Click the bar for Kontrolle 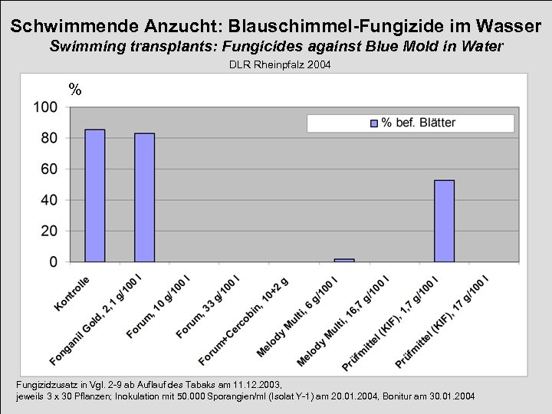tap(94, 195)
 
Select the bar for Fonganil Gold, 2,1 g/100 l tap(144, 198)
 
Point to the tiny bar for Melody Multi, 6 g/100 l tap(344, 260)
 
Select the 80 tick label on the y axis tap(49, 138)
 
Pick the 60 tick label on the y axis tap(49, 169)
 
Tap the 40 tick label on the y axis tap(49, 200)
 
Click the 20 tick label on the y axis tap(49, 231)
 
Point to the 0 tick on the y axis tap(53, 261)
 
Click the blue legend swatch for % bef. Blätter tap(374, 123)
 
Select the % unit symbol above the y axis tap(74, 90)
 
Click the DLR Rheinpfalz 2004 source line tap(280, 66)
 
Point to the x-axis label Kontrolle tap(73, 294)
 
